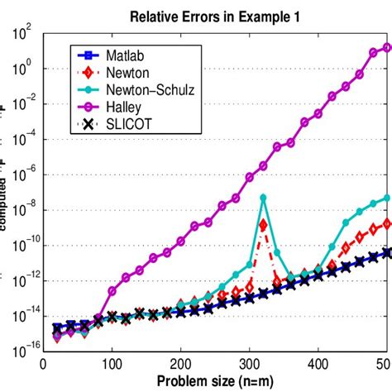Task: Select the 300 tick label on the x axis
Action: pos(251,364)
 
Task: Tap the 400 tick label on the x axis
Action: pos(319,364)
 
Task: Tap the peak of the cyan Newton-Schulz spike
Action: pos(263,197)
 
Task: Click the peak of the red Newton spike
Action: pos(263,224)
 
